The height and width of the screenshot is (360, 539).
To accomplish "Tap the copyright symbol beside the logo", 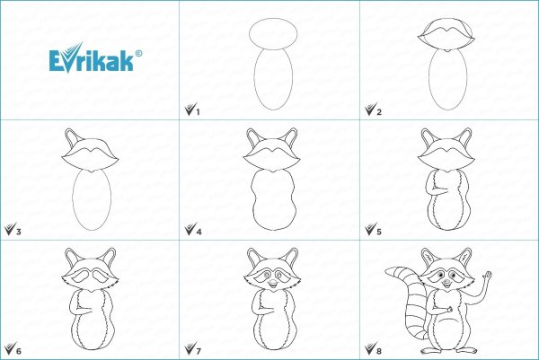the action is coord(138,54).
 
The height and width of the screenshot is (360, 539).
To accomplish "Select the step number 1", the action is coord(198,112).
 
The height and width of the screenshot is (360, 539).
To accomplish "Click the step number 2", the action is coord(379,112).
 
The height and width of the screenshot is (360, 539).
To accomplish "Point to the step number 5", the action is coord(379,232).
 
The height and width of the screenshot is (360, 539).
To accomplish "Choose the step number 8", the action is coord(379,351).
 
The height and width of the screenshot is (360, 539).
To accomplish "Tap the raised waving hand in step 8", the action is coord(487,275).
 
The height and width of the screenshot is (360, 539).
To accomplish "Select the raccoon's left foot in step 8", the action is coord(429,350).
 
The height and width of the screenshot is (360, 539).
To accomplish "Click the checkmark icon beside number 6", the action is coord(10,348).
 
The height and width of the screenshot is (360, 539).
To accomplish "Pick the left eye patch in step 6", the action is coord(81,276).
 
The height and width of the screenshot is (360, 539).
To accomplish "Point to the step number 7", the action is coord(199,351).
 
